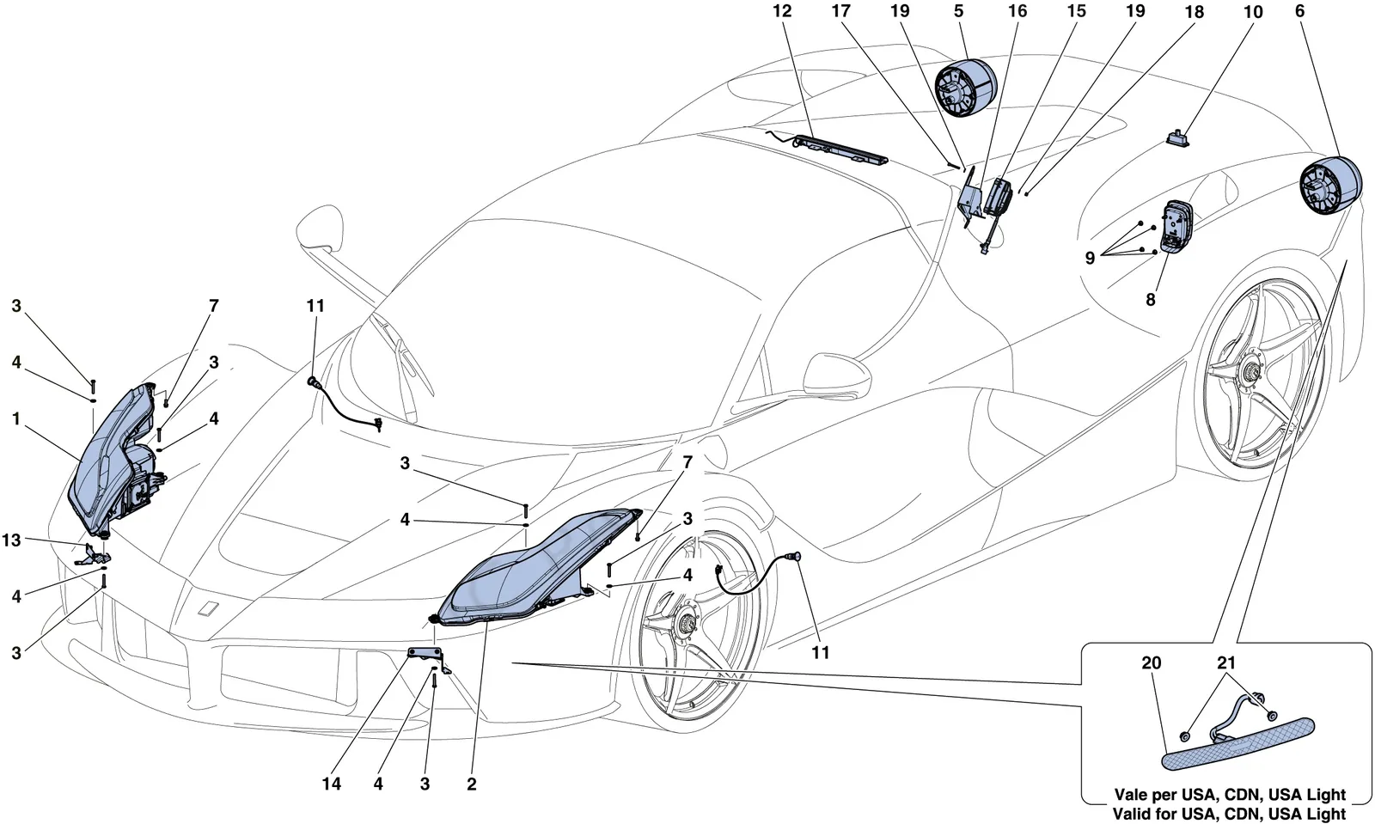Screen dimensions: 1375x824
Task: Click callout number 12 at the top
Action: click(x=783, y=11)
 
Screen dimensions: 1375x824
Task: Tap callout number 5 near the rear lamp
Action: click(x=959, y=11)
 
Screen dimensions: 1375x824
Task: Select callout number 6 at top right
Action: click(x=1299, y=11)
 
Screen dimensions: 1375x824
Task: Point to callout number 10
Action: click(x=1253, y=12)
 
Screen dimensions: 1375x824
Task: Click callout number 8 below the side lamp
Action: click(x=1151, y=299)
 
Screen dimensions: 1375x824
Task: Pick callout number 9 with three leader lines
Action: click(x=1090, y=258)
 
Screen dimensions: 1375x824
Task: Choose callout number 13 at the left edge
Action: click(x=11, y=540)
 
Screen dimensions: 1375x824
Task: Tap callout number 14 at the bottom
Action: click(x=332, y=784)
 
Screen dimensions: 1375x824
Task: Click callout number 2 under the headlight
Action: click(x=472, y=784)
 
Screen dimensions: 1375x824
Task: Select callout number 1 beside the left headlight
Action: click(x=16, y=419)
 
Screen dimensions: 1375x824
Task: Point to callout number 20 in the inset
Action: click(x=1152, y=662)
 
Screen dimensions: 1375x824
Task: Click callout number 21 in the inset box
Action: click(x=1225, y=662)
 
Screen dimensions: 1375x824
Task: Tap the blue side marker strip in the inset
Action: click(x=1238, y=744)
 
